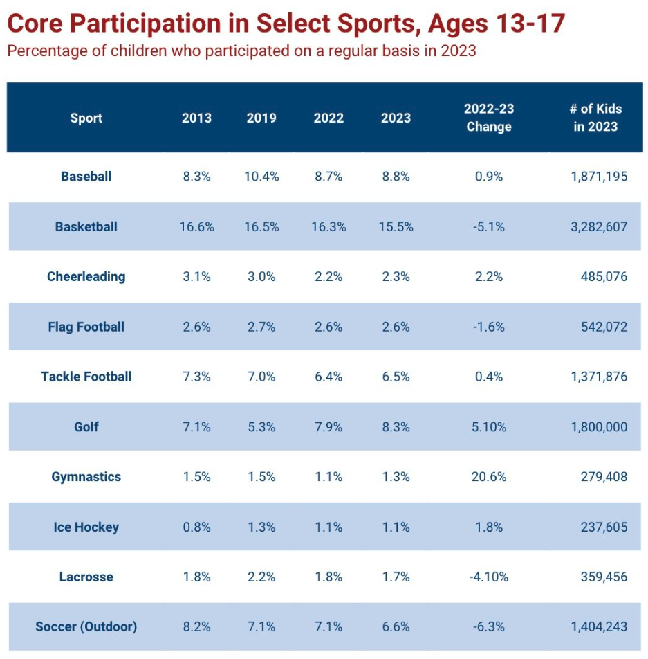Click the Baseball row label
(x=86, y=177)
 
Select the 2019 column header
(x=261, y=118)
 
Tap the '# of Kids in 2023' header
(x=595, y=118)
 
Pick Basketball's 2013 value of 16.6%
(x=196, y=227)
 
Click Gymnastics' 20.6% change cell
(x=489, y=477)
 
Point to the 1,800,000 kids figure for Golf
(x=599, y=427)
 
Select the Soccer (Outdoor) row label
(x=86, y=627)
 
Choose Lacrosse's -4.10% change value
(x=489, y=577)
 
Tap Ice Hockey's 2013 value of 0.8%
(x=196, y=527)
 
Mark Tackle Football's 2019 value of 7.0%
(x=261, y=377)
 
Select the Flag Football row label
(x=86, y=327)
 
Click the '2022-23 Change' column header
(x=489, y=118)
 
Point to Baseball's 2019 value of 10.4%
(x=261, y=177)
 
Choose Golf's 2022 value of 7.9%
(x=328, y=427)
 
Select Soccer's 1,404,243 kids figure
(x=599, y=627)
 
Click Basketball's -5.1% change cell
(x=489, y=227)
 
